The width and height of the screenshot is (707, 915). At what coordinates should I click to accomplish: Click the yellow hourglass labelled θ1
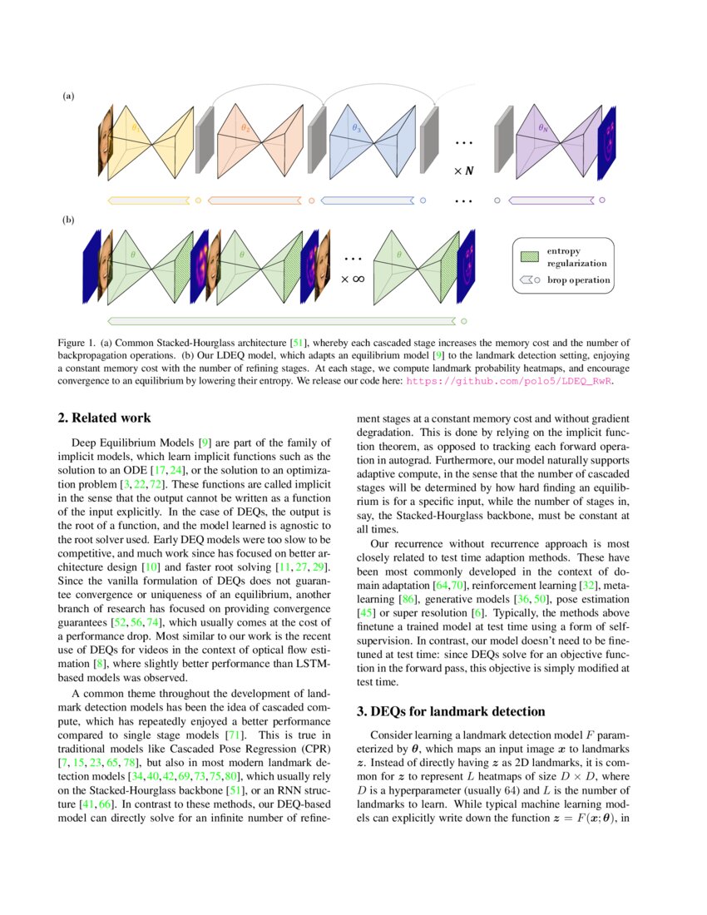click(x=152, y=141)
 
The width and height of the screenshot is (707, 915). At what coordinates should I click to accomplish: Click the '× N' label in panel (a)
click(x=463, y=171)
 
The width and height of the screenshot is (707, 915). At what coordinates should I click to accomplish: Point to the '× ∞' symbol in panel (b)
click(x=353, y=279)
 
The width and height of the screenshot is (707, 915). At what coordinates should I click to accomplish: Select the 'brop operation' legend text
click(x=578, y=280)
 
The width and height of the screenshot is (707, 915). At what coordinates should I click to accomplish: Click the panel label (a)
click(x=68, y=96)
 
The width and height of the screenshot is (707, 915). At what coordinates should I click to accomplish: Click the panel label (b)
click(x=68, y=220)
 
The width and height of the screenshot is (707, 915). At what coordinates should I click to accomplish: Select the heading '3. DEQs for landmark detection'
click(x=450, y=711)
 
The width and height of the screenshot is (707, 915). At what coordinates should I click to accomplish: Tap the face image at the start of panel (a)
click(x=106, y=141)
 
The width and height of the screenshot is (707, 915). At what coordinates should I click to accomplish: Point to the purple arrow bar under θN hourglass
click(x=550, y=200)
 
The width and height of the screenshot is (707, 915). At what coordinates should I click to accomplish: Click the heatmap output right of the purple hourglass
click(x=605, y=141)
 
